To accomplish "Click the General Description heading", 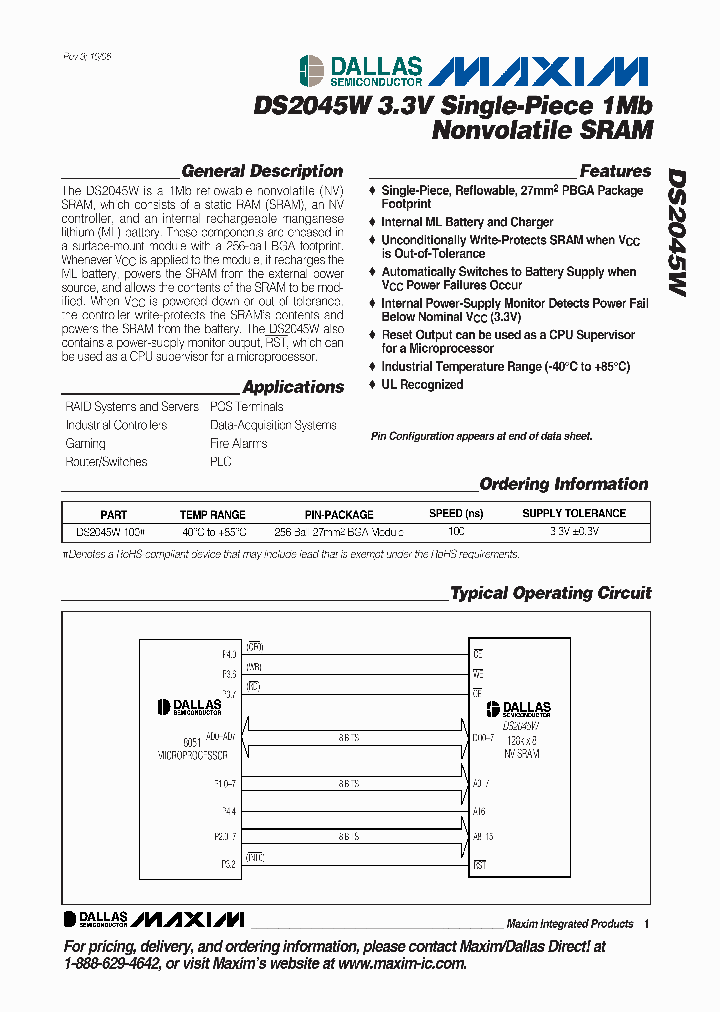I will pos(262,171).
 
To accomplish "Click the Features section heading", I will pos(614,171).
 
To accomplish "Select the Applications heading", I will pos(292,387).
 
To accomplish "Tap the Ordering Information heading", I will pos(564,484).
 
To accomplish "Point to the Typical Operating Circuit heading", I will pos(550,593).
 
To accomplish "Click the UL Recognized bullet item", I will pos(422,385).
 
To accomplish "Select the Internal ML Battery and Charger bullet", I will pos(467,222).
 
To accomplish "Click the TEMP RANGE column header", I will pos(212,514).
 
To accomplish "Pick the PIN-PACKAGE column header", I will pos(339,514).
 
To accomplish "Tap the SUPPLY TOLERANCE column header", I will pos(574,514).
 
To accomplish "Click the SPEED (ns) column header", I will pos(455,514).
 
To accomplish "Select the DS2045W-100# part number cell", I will pos(111,532).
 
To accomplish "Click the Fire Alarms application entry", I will pos(238,443).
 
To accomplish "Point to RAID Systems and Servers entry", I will pos(132,407).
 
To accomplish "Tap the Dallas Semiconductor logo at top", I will pos(361,70).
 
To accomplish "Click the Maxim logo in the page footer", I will pos(188,919).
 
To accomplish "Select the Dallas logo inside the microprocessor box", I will pos(190,708).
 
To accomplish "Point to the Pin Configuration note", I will pos(481,436).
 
